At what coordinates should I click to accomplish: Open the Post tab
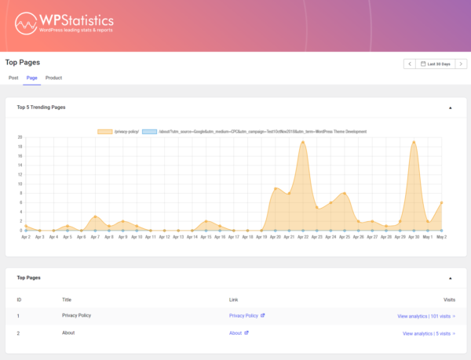click(x=13, y=78)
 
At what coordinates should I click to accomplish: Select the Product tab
click(x=53, y=78)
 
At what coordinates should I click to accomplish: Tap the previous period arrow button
click(x=409, y=64)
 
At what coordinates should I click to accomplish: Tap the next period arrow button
click(x=462, y=64)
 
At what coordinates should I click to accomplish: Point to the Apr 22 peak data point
click(x=302, y=142)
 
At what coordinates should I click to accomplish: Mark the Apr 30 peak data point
click(x=414, y=142)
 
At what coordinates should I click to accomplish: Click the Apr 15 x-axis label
click(x=206, y=236)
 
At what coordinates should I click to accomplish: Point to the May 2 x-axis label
click(x=441, y=236)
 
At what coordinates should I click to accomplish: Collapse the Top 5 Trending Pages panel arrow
click(x=450, y=107)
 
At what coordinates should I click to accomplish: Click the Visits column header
click(x=449, y=299)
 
